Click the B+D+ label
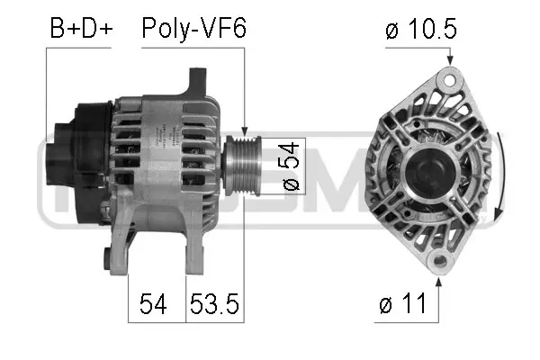coord(81,29)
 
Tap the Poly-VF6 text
coord(193,29)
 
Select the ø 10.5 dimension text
coord(420,30)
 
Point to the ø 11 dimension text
coord(401,305)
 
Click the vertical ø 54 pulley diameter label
coord(290,165)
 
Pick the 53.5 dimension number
coord(214,305)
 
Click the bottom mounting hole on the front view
coord(439,263)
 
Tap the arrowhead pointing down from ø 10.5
coord(449,60)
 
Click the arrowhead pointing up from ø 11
coord(440,283)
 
